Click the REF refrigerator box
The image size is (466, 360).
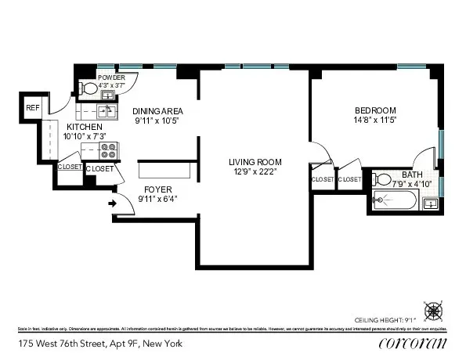[x=33, y=109]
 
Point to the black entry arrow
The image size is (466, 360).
[x=111, y=205]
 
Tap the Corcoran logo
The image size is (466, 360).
[x=412, y=343]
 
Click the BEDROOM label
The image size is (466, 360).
[x=375, y=110]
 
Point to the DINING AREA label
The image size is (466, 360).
[x=157, y=111]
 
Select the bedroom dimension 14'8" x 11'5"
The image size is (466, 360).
[x=375, y=121]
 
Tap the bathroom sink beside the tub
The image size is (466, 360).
[x=430, y=203]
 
